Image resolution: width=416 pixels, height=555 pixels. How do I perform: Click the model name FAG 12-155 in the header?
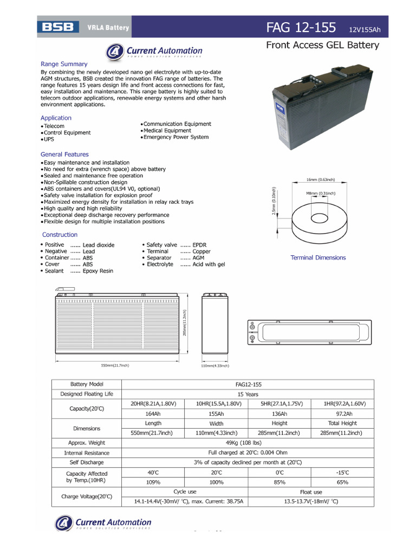[301, 28]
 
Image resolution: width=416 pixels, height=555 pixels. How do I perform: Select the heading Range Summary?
[63, 64]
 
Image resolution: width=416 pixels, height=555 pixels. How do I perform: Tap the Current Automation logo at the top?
[154, 51]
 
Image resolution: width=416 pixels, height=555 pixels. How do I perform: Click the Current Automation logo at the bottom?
[103, 523]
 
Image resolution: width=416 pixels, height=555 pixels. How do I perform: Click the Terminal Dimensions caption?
[318, 258]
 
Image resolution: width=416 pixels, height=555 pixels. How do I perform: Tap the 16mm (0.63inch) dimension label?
[320, 179]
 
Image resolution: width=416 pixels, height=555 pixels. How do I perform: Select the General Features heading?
[64, 154]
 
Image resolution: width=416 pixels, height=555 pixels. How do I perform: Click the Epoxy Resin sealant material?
[98, 271]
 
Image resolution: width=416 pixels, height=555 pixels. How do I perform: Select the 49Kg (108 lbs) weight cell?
[248, 443]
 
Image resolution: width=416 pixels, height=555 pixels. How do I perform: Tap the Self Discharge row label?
[87, 462]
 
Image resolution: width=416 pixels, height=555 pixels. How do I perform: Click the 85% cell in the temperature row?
[279, 482]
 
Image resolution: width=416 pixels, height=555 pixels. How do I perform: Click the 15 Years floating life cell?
[248, 394]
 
